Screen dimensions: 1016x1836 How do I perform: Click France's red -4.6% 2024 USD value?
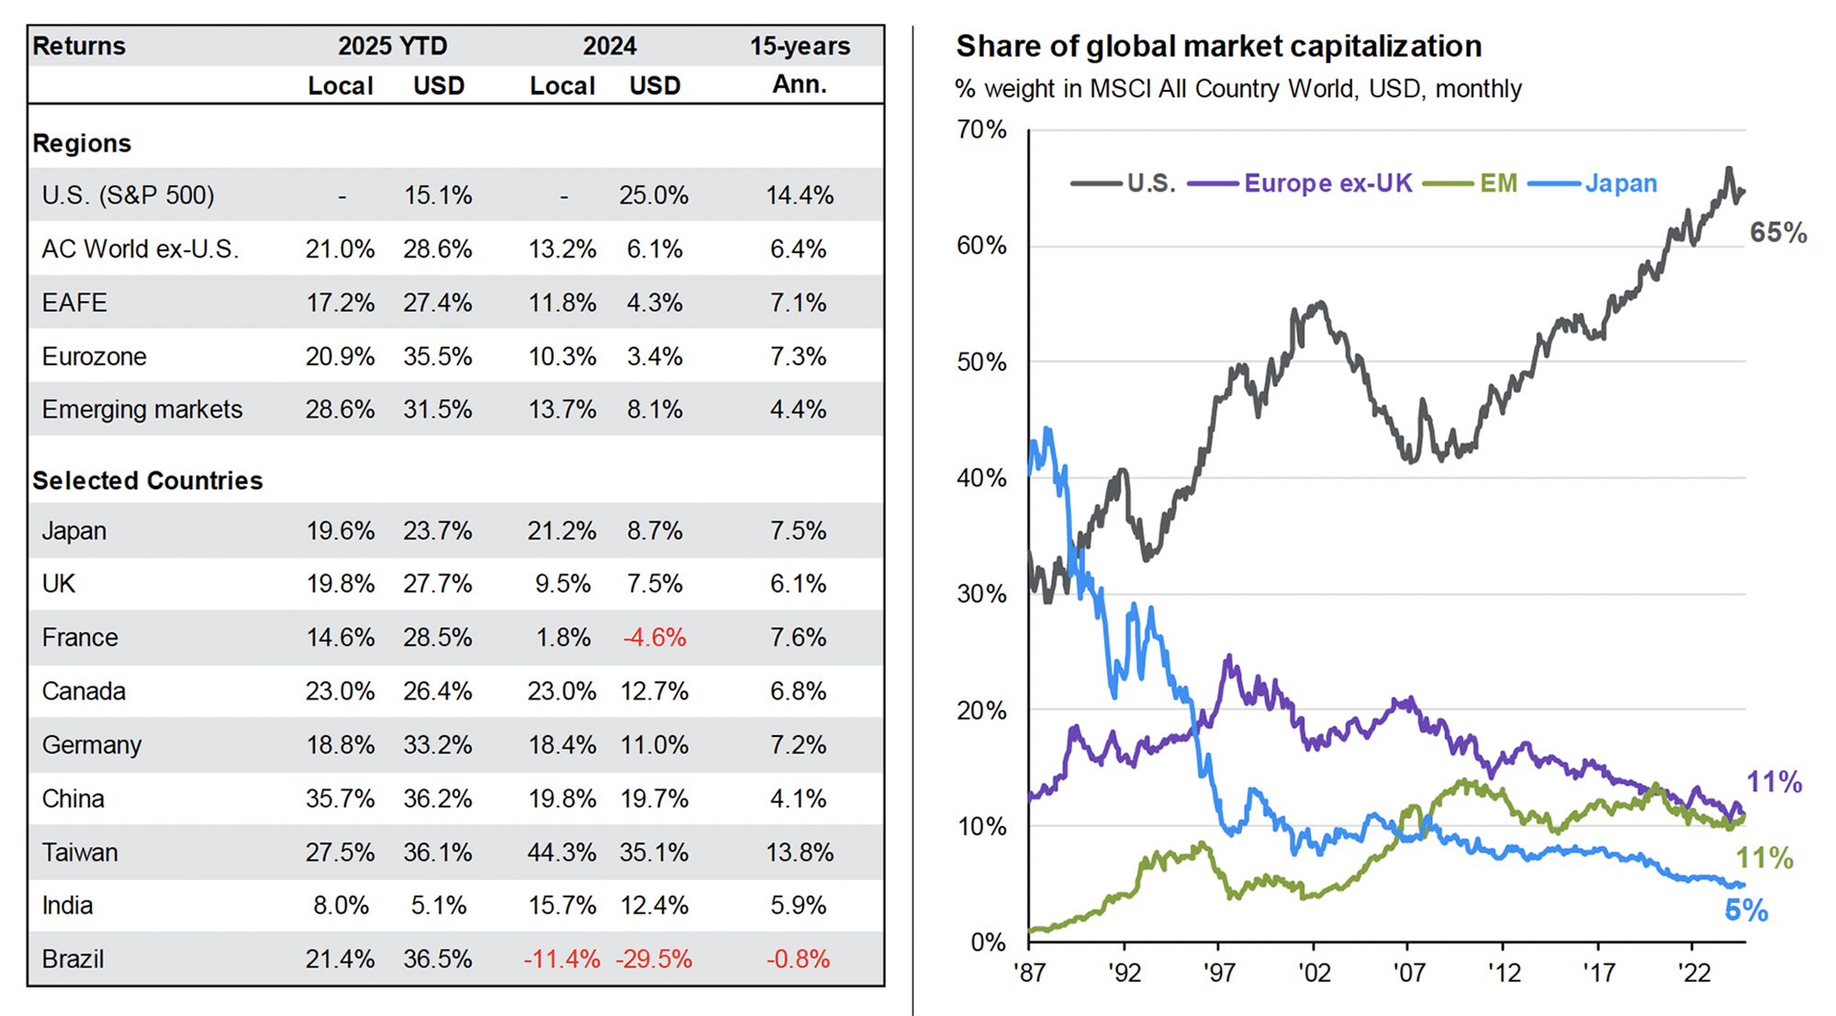[x=655, y=638]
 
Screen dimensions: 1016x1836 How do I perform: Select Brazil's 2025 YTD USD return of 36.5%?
[x=438, y=959]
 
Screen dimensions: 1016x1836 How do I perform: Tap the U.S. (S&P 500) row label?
[x=128, y=195]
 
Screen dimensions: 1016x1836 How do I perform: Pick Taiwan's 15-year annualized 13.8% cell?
[x=800, y=853]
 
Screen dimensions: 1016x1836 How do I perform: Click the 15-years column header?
[x=800, y=46]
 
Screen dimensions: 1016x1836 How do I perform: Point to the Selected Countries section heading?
[x=148, y=481]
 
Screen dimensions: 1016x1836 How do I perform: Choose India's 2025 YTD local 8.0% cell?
[x=341, y=906]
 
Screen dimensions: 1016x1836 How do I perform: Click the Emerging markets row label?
[x=142, y=409]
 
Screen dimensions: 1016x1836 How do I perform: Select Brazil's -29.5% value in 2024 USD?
[x=654, y=959]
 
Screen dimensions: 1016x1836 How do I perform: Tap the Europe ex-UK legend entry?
[x=1327, y=184]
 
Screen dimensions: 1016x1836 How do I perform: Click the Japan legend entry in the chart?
[x=1620, y=184]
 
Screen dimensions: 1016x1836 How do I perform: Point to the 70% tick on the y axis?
[x=981, y=129]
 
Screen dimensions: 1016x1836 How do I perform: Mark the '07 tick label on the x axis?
[x=1409, y=972]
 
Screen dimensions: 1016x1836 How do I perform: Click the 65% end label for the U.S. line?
[x=1778, y=233]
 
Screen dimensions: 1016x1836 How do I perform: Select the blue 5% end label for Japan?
[x=1746, y=910]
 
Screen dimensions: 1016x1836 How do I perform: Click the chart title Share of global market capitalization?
[x=1218, y=46]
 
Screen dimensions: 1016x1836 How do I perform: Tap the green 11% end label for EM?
[x=1764, y=858]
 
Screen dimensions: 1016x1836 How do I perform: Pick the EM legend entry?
[x=1498, y=184]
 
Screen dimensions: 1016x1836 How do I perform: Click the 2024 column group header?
[x=609, y=46]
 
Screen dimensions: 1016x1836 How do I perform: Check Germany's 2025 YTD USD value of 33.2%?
[x=438, y=745]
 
